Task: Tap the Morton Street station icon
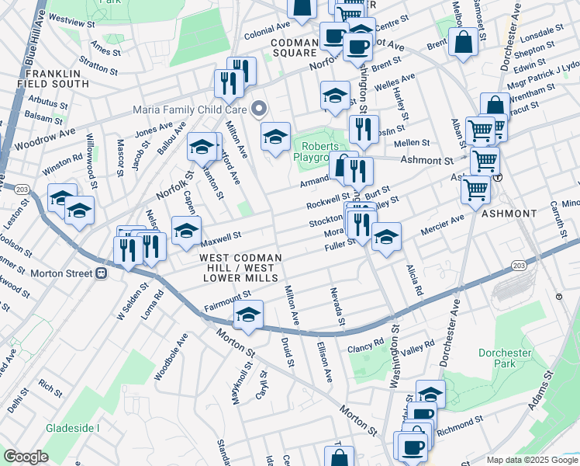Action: point(100,273)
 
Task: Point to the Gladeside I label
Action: point(74,428)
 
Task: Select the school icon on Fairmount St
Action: point(248,315)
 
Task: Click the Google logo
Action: point(26,457)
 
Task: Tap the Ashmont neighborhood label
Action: point(508,213)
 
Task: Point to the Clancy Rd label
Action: point(366,343)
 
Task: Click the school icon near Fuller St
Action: point(386,236)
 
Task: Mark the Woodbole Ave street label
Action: point(171,356)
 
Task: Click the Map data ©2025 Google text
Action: point(532,460)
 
